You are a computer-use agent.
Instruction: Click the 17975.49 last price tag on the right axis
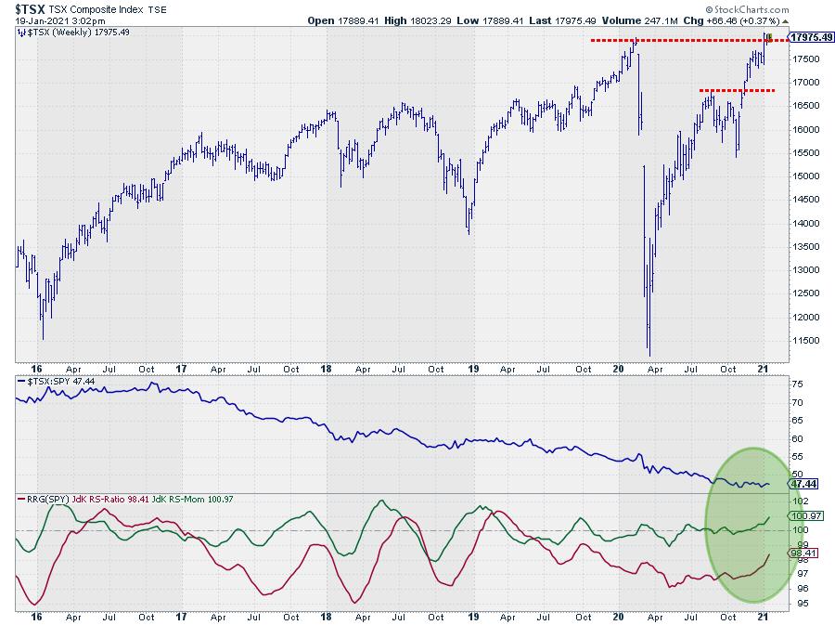tap(809, 36)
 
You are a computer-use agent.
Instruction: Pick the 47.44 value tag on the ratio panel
tap(801, 484)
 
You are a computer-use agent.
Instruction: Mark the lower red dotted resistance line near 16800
tap(738, 90)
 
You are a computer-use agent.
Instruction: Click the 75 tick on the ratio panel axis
tap(795, 384)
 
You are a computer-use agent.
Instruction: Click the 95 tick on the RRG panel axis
tap(795, 604)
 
